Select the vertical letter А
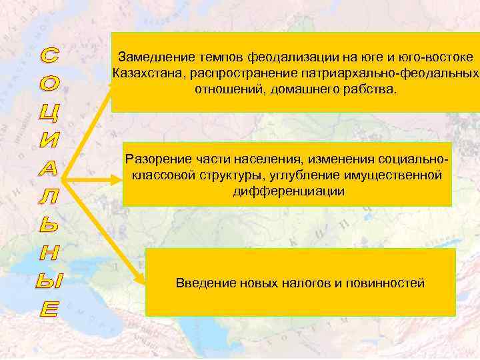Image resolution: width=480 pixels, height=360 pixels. point(47,169)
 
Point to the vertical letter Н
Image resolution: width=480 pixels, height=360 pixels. point(47,253)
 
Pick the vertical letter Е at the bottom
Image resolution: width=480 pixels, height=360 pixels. point(47,309)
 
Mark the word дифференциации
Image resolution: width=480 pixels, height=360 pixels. point(289,191)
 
